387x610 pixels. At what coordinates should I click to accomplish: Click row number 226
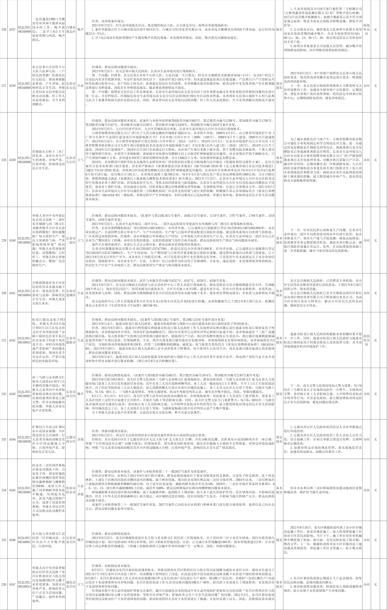(x=4, y=30)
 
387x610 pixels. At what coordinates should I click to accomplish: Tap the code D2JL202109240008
(x=24, y=86)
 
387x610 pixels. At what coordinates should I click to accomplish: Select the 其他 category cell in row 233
(x=80, y=439)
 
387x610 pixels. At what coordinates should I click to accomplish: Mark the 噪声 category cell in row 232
(x=80, y=394)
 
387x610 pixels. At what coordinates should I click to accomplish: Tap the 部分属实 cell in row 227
(x=279, y=86)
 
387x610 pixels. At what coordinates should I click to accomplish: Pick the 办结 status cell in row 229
(x=366, y=240)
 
